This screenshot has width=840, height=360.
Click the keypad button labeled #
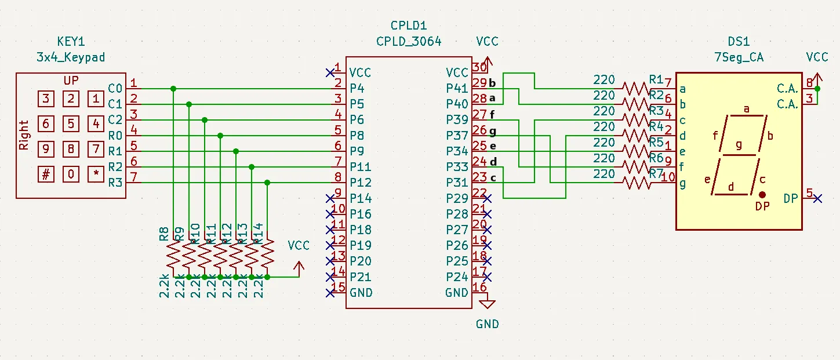point(46,174)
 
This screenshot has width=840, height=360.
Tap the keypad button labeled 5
point(71,123)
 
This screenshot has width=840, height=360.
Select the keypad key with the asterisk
point(96,174)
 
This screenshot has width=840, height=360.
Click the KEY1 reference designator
point(71,42)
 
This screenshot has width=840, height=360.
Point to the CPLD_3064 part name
point(408,42)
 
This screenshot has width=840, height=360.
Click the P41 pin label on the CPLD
point(456,89)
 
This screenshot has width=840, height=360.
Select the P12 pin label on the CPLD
point(360,183)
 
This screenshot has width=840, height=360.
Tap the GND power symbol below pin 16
point(488,303)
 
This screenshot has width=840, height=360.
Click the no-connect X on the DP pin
point(817,199)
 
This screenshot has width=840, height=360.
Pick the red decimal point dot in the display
point(762,195)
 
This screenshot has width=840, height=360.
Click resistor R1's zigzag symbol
point(636,89)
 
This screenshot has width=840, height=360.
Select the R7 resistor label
point(656,173)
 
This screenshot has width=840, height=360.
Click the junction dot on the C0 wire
point(173,89)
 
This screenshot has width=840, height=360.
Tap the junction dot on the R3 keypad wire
point(267,183)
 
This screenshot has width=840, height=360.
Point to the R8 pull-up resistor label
point(164,234)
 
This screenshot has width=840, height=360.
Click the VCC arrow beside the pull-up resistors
point(299,267)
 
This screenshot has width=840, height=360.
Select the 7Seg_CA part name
point(739,57)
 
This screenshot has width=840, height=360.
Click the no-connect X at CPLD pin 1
point(330,72)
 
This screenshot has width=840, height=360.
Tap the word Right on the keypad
point(24,135)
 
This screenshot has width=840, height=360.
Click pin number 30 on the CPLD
point(479,67)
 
